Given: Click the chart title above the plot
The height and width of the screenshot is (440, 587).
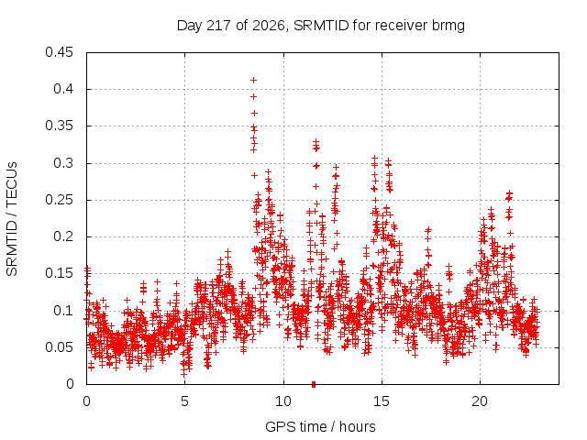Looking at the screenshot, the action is tap(321, 26).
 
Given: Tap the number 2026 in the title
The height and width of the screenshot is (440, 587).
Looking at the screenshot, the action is tap(269, 26).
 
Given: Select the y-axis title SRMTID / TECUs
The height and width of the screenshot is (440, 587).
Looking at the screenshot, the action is tap(12, 219).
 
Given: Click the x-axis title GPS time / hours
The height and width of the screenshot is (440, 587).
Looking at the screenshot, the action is tap(320, 426).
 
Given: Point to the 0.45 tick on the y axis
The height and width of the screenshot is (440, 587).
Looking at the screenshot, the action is tap(59, 52).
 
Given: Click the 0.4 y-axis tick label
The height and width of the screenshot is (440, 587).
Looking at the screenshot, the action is tap(63, 89).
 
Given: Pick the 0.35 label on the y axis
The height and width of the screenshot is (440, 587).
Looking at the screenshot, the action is tap(59, 126).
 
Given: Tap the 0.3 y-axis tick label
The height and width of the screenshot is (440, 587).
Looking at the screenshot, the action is tap(63, 163).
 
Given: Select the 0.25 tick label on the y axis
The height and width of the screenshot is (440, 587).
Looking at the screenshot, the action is tap(59, 200).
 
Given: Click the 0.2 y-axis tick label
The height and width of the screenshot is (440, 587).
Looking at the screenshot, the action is tap(63, 236).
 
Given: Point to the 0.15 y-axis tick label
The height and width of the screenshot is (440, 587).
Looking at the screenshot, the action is tap(59, 273).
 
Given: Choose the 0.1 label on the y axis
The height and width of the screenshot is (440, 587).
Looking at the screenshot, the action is tap(63, 311).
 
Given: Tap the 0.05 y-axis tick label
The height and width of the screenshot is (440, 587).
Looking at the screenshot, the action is tap(59, 347).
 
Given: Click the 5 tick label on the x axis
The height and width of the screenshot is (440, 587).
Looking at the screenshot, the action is tap(184, 401).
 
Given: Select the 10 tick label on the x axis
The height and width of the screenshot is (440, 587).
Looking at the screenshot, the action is tap(283, 401).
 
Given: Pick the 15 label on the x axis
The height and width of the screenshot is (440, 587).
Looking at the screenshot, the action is tap(382, 401).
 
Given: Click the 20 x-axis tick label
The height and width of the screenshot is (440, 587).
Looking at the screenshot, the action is tap(480, 401).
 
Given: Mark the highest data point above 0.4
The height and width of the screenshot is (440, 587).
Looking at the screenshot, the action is tap(253, 80).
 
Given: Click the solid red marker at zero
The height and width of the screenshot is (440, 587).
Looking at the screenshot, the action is tap(314, 384).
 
